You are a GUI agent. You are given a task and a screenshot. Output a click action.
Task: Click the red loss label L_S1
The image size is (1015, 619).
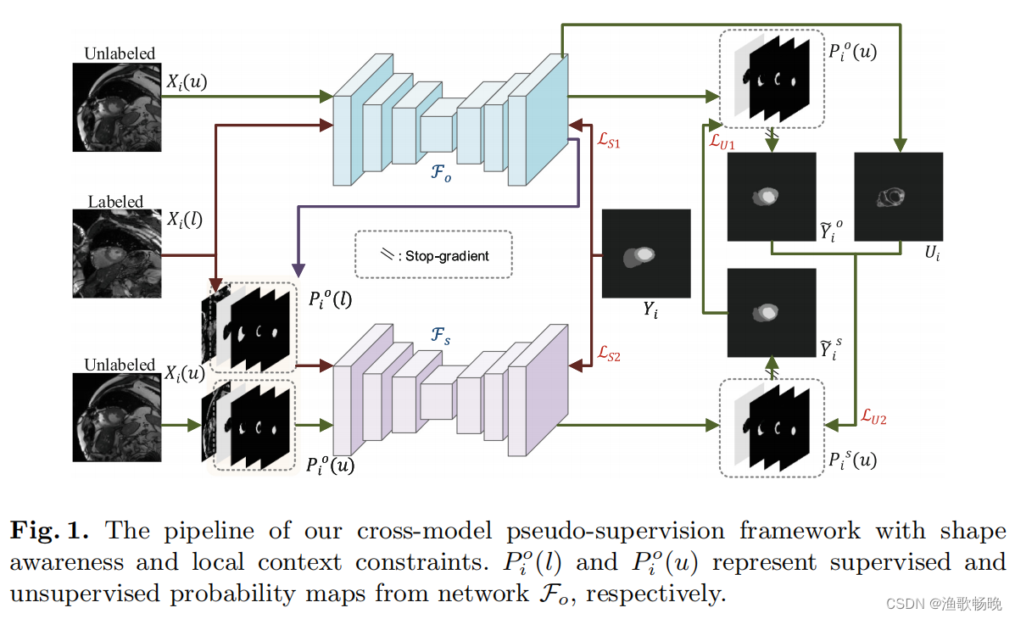coord(608,142)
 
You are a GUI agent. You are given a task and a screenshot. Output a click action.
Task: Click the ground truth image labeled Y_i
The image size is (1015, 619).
coord(646,254)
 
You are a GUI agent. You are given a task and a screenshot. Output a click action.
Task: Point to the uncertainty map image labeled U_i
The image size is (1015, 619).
coord(898,196)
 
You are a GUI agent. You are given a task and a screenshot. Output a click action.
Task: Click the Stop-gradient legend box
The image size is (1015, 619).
coord(433,254)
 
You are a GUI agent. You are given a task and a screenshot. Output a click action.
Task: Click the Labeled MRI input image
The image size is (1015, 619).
coord(115,254)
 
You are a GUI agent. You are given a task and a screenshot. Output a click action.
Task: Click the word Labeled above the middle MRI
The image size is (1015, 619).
coord(115,202)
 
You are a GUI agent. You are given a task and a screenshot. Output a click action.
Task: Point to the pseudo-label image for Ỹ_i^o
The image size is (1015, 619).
coord(771,196)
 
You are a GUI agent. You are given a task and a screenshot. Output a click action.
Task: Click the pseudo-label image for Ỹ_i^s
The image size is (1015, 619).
coord(771,312)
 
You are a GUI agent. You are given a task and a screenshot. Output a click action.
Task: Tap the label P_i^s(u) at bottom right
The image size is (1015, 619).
coord(853,460)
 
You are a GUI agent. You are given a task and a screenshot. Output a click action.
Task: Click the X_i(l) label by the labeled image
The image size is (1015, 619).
coord(184,220)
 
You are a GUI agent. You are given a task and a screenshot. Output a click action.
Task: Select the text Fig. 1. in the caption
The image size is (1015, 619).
coord(55,531)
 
